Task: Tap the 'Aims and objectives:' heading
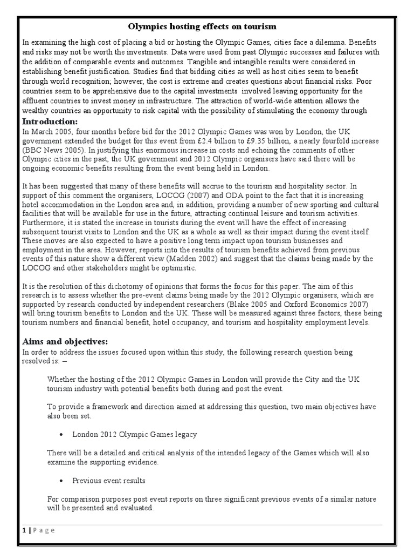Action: (65, 341)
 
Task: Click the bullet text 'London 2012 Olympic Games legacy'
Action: (135, 434)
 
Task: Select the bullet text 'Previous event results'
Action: (109, 480)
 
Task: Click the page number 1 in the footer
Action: (24, 530)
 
